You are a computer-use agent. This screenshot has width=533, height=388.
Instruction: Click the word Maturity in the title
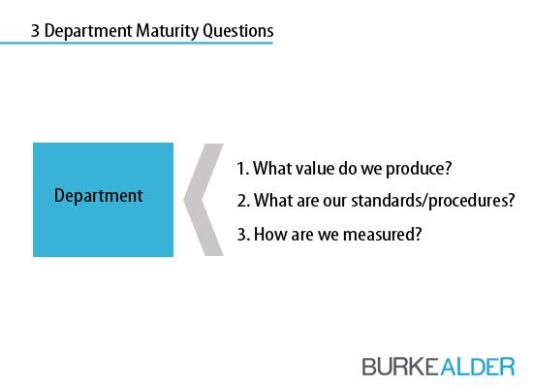[x=168, y=31]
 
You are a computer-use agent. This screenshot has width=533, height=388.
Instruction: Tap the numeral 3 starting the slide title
[x=35, y=31]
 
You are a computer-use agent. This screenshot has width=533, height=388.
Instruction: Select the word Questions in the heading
[x=238, y=31]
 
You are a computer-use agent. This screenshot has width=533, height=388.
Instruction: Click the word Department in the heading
[x=88, y=31]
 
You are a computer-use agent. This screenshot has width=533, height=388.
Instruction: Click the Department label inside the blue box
[x=99, y=196]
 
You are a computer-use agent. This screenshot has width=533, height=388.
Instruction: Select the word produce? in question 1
[x=419, y=169]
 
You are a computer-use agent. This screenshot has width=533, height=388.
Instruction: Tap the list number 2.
[x=243, y=201]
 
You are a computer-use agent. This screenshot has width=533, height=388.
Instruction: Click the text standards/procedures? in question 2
[x=433, y=201]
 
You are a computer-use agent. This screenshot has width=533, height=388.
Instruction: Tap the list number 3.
[x=243, y=235]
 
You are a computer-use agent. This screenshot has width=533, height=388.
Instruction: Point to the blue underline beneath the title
[x=137, y=43]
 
